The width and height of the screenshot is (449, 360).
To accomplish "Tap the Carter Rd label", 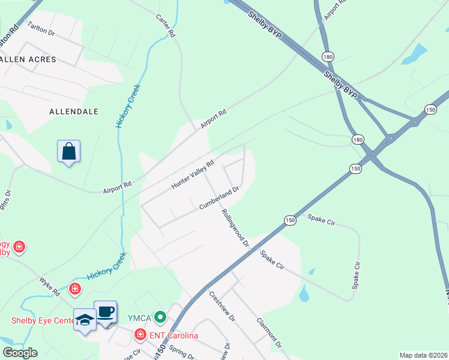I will (x=165, y=26).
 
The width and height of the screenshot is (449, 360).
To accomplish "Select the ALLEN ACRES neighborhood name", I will (x=28, y=59).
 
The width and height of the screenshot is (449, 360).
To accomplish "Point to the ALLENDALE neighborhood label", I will (x=73, y=112).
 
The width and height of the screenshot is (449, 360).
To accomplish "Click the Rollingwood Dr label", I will (x=235, y=228).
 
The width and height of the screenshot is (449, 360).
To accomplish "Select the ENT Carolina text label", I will (x=175, y=335).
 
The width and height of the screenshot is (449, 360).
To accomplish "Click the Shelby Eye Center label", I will (x=41, y=320).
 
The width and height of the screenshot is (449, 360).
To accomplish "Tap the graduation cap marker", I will (x=85, y=319).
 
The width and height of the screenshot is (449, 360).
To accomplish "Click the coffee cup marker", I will (x=106, y=312).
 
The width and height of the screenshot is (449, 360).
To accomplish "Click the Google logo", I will (x=20, y=353).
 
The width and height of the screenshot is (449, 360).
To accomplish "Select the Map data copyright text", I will (x=423, y=355).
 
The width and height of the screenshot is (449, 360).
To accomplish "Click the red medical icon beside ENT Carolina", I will (x=140, y=334).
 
